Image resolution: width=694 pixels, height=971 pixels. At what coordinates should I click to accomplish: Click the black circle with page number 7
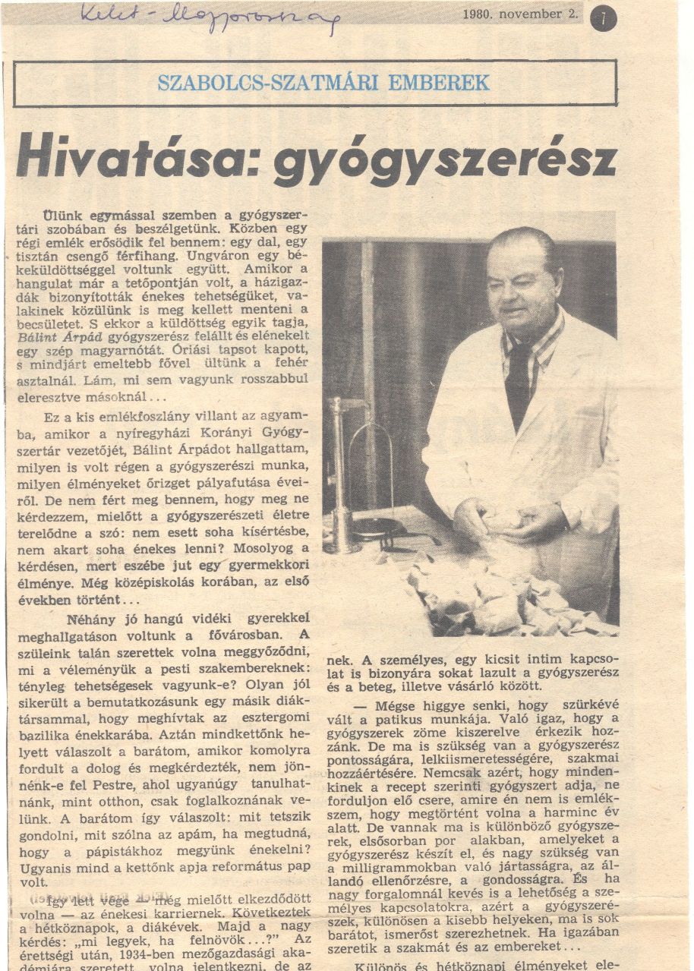605,18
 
